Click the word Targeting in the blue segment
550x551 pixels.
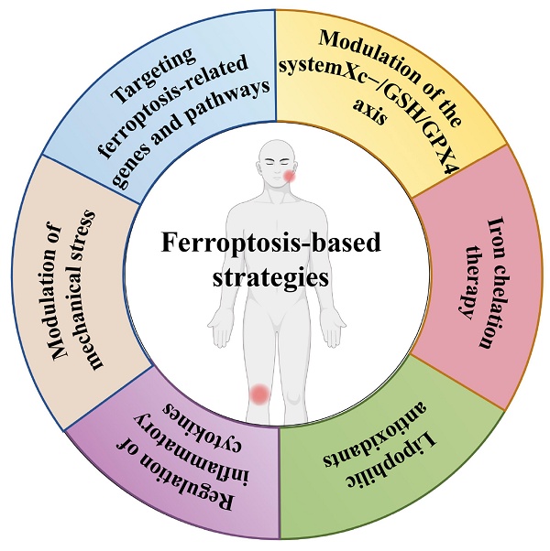point(153,76)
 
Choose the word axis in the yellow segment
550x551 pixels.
point(369,112)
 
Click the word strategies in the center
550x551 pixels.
point(270,277)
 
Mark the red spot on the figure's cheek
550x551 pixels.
point(290,176)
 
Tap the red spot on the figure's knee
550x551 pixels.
point(259,394)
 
